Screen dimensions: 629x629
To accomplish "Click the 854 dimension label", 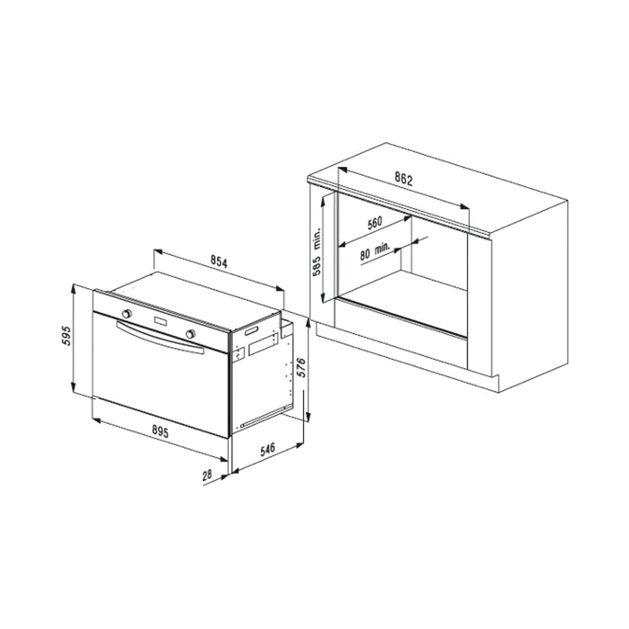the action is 219,262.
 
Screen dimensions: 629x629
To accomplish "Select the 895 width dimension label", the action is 160,432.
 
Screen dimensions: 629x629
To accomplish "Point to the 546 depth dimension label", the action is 268,449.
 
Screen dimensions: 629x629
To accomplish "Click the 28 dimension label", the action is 207,475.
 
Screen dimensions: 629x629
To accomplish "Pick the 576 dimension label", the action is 301,367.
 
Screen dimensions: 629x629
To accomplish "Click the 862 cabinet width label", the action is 404,179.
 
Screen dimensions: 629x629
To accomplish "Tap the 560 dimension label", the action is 375,223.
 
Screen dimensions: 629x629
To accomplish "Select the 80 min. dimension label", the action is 375,252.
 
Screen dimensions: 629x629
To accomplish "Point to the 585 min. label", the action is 317,252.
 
